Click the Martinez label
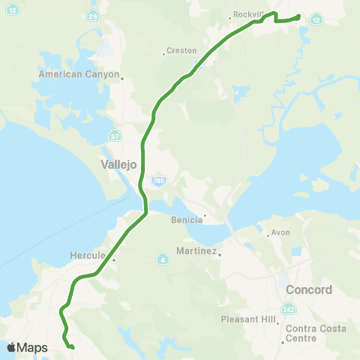click(x=196, y=251)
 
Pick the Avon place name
click(x=280, y=232)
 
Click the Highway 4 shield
click(x=163, y=259)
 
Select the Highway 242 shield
click(x=289, y=309)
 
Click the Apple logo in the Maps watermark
click(x=11, y=347)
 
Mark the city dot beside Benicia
click(x=205, y=217)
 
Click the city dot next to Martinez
click(x=220, y=254)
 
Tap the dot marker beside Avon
click(x=268, y=235)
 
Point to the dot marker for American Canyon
click(x=121, y=77)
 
